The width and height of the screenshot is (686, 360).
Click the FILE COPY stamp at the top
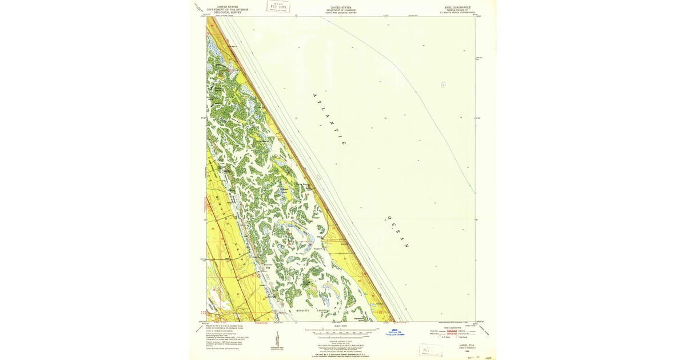(278, 7)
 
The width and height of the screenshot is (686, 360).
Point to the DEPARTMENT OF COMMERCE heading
(341, 10)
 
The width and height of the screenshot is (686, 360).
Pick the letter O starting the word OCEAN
(388, 218)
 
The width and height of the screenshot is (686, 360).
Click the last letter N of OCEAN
(407, 246)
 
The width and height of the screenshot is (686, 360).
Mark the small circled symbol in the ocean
(443, 85)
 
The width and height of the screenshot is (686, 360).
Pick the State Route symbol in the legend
(457, 337)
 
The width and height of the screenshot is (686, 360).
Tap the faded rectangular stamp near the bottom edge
(430, 350)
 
